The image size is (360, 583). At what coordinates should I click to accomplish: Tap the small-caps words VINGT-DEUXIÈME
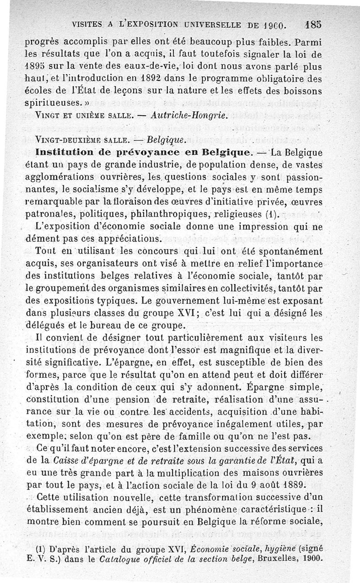click(x=67, y=138)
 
